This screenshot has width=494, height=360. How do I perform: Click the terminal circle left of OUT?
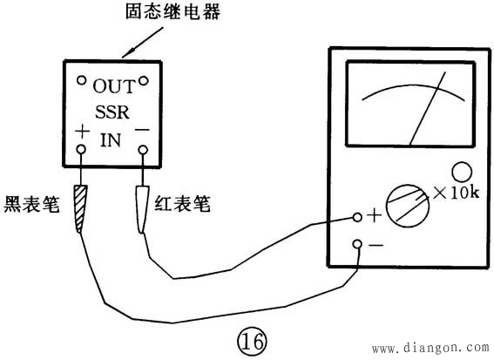pos(80,81)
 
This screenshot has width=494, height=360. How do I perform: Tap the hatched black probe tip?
pos(81,210)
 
